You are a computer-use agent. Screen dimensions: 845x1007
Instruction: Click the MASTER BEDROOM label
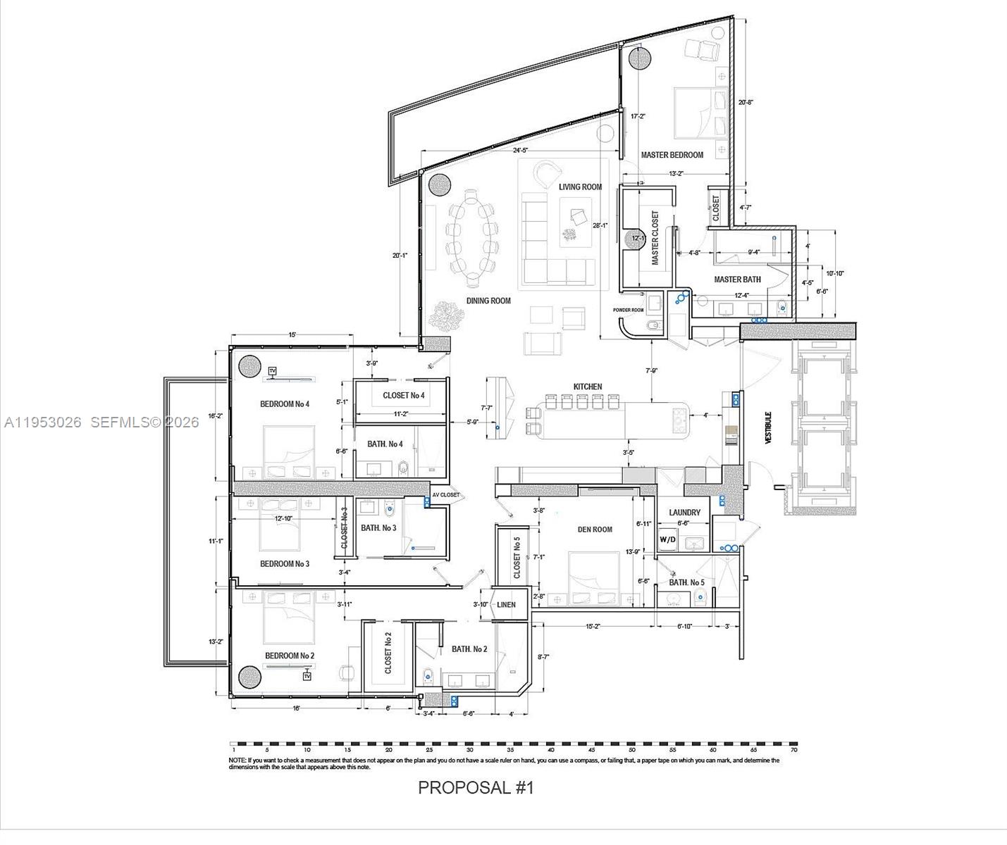(672, 155)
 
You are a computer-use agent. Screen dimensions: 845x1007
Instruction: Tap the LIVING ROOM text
(580, 187)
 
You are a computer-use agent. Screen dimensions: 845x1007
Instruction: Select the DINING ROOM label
(488, 301)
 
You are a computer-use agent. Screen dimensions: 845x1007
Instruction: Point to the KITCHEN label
(588, 387)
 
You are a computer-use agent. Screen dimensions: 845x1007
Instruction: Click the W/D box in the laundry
(667, 540)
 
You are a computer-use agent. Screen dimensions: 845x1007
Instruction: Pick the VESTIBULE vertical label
(768, 427)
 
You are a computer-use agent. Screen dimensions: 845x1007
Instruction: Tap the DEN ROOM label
(595, 530)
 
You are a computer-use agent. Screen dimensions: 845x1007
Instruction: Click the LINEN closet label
(506, 604)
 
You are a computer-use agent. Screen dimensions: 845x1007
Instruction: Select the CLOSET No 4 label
(404, 395)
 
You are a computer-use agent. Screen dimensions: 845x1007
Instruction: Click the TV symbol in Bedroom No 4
(273, 371)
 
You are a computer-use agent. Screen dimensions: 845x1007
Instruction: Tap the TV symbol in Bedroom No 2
(307, 676)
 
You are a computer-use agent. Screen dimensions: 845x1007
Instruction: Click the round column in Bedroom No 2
(250, 677)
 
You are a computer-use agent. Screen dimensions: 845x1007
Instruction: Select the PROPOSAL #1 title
(476, 787)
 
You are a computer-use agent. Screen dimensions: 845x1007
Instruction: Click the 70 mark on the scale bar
(793, 751)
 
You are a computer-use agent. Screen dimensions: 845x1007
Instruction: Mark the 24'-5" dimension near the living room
(520, 150)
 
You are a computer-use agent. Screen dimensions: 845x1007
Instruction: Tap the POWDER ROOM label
(628, 310)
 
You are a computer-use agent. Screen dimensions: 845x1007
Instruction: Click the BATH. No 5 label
(686, 582)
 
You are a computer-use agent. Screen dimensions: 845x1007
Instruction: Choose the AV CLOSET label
(445, 495)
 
